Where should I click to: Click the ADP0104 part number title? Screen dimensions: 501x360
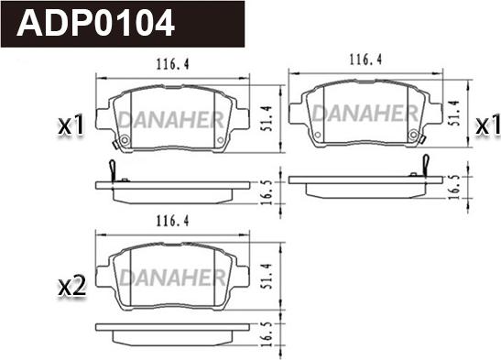coord(95,23)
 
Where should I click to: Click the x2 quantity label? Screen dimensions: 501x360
coord(71,286)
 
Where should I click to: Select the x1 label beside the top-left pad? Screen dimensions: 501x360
coord(71,125)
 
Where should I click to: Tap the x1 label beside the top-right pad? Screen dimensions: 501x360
coord(488,125)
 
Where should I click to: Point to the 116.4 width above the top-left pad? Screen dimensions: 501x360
coord(172,64)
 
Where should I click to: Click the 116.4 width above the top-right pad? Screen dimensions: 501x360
coord(365,60)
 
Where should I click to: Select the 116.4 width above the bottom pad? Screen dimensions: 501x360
coord(172,221)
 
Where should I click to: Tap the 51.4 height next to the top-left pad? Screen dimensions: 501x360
coord(267,118)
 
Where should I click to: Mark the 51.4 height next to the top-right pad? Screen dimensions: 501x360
coord(454,113)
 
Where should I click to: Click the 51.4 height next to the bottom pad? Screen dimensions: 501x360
coord(267,277)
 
